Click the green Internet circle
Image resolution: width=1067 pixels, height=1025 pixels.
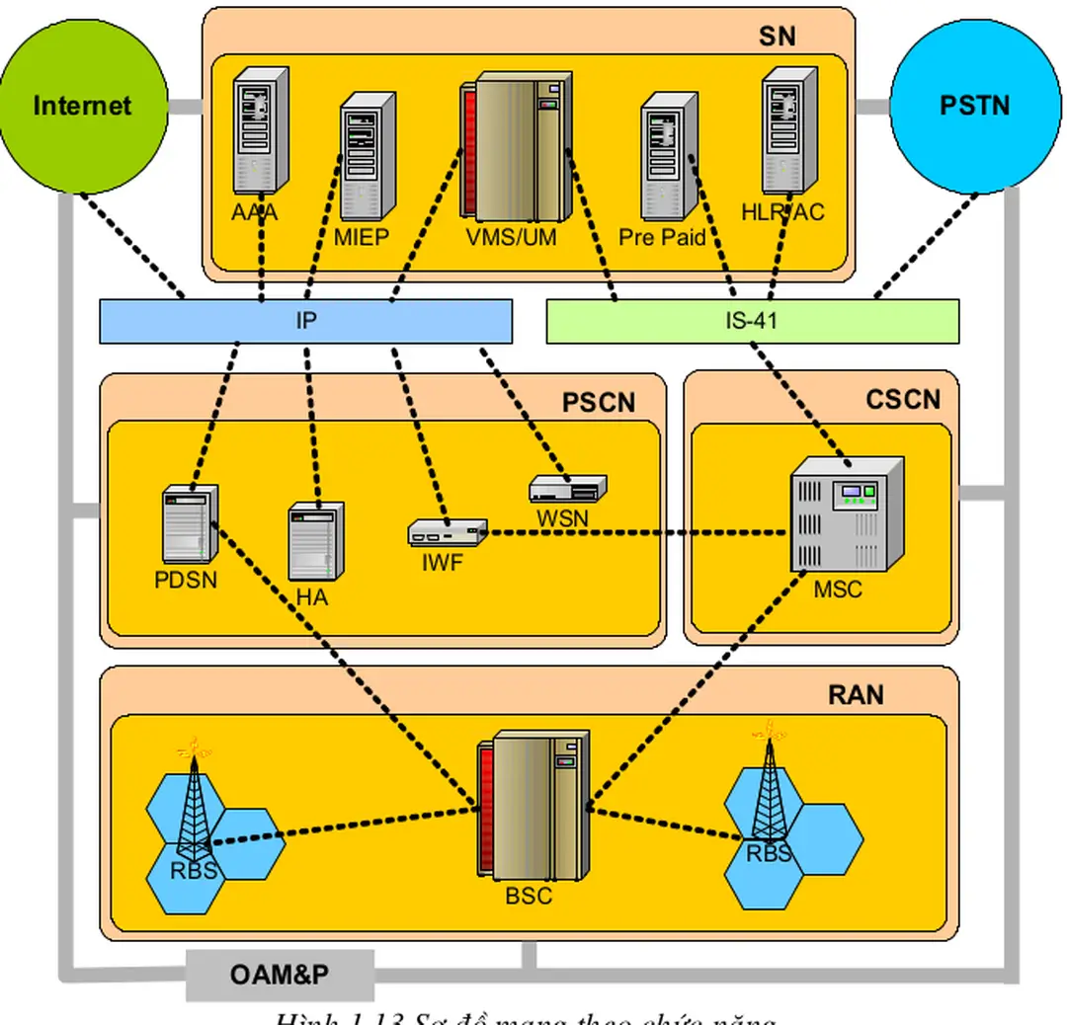82,106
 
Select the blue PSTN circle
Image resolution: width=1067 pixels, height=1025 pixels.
974,106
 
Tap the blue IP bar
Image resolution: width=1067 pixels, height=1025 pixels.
305,321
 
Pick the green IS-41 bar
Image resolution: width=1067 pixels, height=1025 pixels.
752,321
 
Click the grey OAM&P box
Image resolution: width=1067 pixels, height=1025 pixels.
280,976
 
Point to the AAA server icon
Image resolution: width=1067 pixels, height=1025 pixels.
260,130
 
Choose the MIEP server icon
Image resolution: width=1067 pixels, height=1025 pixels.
368,156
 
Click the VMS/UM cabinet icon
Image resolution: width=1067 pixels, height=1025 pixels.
515,146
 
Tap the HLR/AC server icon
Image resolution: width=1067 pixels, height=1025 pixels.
788,130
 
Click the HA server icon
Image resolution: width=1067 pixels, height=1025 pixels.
316,542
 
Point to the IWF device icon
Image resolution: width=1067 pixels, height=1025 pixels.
447,533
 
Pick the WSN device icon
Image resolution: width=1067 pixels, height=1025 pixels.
567,488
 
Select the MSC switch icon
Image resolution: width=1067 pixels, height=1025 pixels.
847,513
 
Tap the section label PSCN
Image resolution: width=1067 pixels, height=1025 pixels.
599,403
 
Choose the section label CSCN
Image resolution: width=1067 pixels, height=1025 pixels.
903,399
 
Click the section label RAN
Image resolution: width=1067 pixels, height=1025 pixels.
856,695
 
